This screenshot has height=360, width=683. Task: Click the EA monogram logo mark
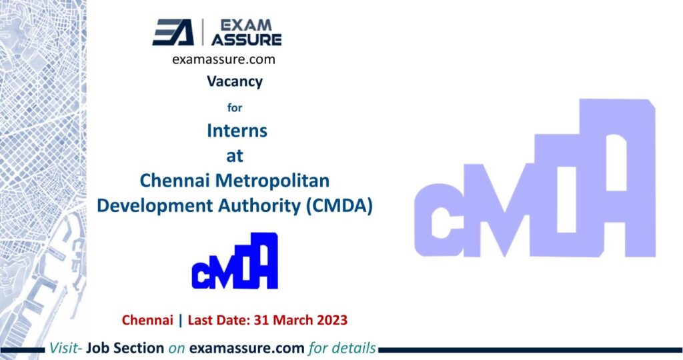(173, 32)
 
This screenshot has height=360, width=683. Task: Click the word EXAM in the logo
(245, 25)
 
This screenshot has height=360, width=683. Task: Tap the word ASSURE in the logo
(247, 39)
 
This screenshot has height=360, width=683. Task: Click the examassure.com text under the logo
(223, 59)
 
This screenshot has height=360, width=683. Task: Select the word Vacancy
(235, 82)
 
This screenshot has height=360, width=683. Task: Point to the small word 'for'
(235, 107)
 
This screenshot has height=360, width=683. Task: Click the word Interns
(237, 131)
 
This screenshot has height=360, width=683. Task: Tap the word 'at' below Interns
(235, 156)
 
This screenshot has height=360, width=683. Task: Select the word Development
(154, 205)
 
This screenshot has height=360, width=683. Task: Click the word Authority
(259, 205)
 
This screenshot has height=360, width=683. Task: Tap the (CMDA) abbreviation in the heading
(339, 205)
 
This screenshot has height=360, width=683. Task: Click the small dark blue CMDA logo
(235, 261)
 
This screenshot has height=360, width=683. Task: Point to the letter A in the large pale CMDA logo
(617, 179)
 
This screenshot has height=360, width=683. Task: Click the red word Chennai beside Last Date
(147, 320)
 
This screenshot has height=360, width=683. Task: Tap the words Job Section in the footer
(125, 348)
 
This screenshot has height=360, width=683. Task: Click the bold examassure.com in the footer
(247, 348)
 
